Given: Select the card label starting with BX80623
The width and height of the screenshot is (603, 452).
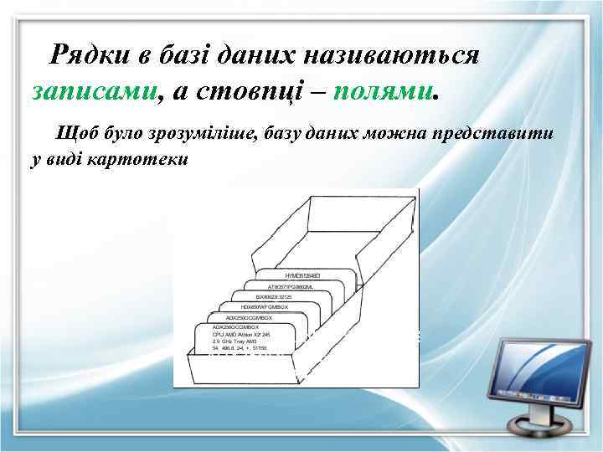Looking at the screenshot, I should click(274, 296).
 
